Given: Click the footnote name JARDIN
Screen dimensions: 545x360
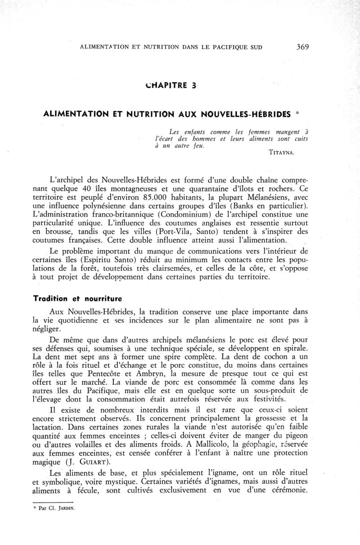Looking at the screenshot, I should [x=66, y=509].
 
